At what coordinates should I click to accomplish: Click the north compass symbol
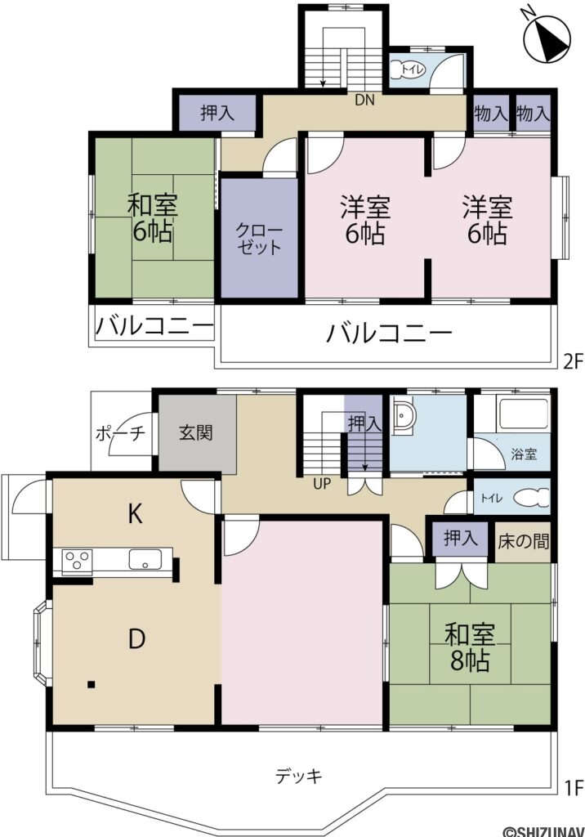click(x=543, y=38)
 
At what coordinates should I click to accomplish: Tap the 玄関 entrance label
click(x=196, y=432)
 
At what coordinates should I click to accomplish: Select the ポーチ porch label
click(x=120, y=433)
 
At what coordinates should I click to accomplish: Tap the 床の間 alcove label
click(x=523, y=540)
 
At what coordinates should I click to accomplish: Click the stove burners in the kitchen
click(x=78, y=562)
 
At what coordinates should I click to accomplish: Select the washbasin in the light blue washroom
click(x=404, y=418)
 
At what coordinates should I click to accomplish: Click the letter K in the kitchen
click(x=135, y=514)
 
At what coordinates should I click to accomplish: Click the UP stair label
click(x=322, y=483)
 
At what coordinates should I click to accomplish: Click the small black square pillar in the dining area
click(x=92, y=684)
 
